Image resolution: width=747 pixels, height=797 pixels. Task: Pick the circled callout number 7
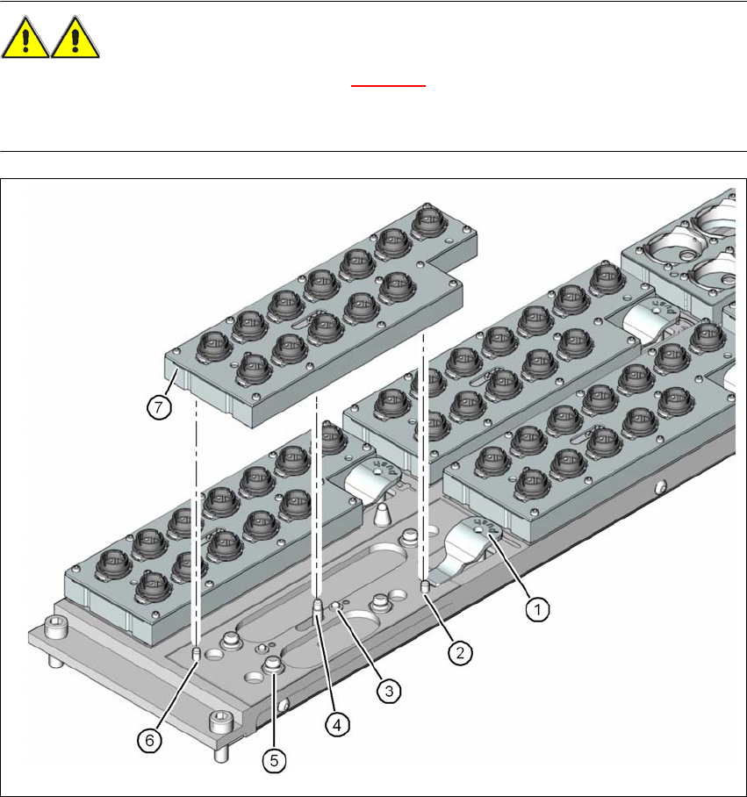(158, 406)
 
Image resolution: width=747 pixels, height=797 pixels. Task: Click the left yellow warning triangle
(25, 41)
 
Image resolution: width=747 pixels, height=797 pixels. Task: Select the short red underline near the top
(388, 86)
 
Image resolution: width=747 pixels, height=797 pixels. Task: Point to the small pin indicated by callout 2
(425, 585)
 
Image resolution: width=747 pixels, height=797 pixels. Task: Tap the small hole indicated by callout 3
(336, 605)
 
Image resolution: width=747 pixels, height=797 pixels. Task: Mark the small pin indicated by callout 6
(196, 651)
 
